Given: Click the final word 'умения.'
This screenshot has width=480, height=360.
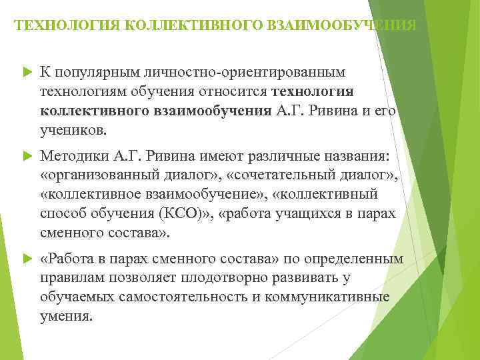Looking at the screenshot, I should [x=66, y=317].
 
